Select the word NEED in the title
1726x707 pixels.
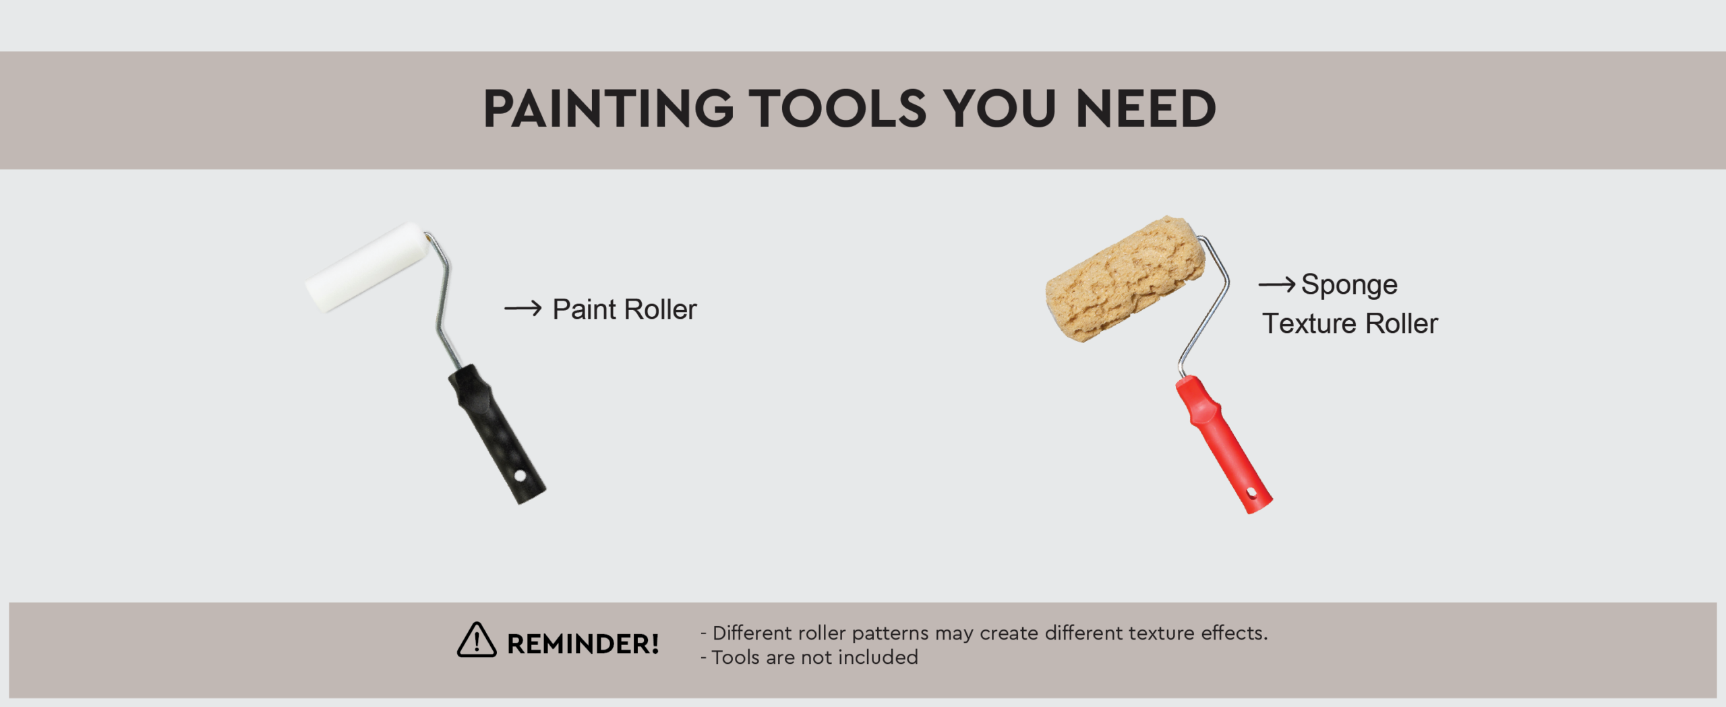coord(1146,109)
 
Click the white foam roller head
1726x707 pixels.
coord(367,267)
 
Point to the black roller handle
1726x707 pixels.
coord(497,434)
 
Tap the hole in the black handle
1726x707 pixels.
coord(520,476)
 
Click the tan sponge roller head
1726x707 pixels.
coord(1125,278)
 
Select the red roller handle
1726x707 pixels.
coord(1224,444)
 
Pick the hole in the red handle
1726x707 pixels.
coord(1252,493)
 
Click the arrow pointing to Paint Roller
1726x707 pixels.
coord(523,309)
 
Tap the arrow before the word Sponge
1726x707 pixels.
coord(1276,284)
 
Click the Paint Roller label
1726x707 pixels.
coord(624,309)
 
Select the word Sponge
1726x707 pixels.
coord(1349,286)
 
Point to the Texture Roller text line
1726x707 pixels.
coord(1350,324)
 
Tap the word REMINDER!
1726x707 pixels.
coord(583,644)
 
